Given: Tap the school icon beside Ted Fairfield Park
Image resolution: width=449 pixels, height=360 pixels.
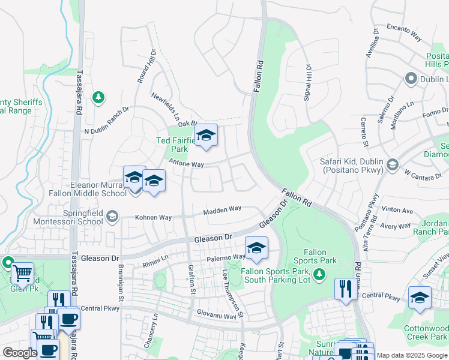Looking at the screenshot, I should coord(206,137).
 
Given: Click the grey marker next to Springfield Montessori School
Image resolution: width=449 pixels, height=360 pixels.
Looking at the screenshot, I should coord(112,216).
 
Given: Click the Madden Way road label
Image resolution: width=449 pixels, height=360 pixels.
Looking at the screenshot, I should coord(222,209).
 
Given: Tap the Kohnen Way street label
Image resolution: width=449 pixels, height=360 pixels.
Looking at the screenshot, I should coord(153,217).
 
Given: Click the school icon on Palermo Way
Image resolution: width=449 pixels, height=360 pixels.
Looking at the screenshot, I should coord(256,249).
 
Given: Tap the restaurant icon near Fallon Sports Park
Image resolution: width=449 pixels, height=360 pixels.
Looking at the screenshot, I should coord(345,289).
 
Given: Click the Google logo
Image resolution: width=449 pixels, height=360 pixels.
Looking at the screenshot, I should coord(20,353).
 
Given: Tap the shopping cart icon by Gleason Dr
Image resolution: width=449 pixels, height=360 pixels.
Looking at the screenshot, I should coord(22,274).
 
